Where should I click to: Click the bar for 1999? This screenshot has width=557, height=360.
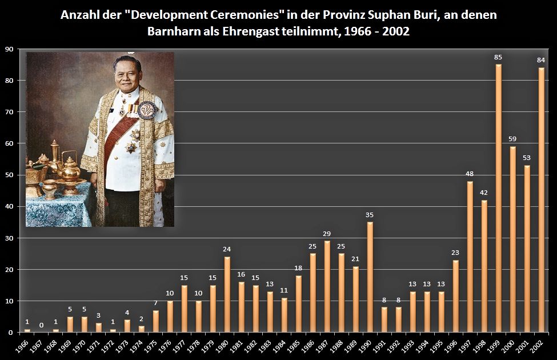click(499, 198)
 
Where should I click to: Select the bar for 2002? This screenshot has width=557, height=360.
click(542, 199)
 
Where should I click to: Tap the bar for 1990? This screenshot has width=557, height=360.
click(370, 277)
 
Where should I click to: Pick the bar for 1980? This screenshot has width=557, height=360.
click(227, 294)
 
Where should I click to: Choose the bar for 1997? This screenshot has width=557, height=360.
click(470, 257)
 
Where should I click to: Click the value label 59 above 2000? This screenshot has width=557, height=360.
click(513, 139)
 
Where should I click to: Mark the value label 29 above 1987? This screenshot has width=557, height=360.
click(327, 234)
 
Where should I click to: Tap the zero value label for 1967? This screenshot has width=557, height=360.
click(41, 325)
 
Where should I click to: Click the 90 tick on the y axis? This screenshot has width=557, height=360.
click(9, 49)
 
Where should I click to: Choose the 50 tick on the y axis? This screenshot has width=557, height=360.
click(9, 175)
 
